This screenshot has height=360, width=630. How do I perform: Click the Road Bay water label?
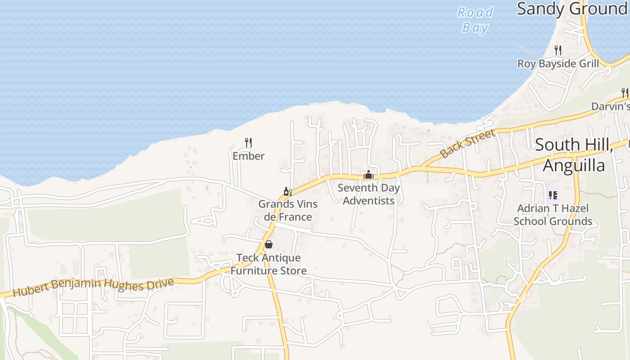click(475, 20)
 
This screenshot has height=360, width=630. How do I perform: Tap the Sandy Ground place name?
click(571, 9)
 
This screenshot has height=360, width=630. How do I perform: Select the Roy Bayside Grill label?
click(558, 63)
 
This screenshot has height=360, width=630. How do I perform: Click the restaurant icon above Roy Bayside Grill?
click(558, 49)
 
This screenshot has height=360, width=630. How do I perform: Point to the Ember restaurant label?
click(248, 156)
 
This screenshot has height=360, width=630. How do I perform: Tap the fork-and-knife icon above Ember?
click(248, 143)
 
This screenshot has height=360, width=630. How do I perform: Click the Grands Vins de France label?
click(288, 210)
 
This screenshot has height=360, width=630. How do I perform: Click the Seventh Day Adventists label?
click(369, 194)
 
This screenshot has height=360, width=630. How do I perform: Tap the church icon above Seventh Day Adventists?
click(369, 175)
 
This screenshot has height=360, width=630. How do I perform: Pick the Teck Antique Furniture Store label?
click(269, 264)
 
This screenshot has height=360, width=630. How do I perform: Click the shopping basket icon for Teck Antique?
click(269, 244)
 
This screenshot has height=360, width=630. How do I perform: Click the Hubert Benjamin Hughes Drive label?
click(93, 287)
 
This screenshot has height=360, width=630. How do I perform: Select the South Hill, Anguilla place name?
click(574, 155)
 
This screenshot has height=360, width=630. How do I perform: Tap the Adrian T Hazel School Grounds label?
click(553, 215)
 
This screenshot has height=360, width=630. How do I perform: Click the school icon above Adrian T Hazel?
click(553, 195)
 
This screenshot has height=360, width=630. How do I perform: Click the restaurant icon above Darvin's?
click(625, 93)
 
